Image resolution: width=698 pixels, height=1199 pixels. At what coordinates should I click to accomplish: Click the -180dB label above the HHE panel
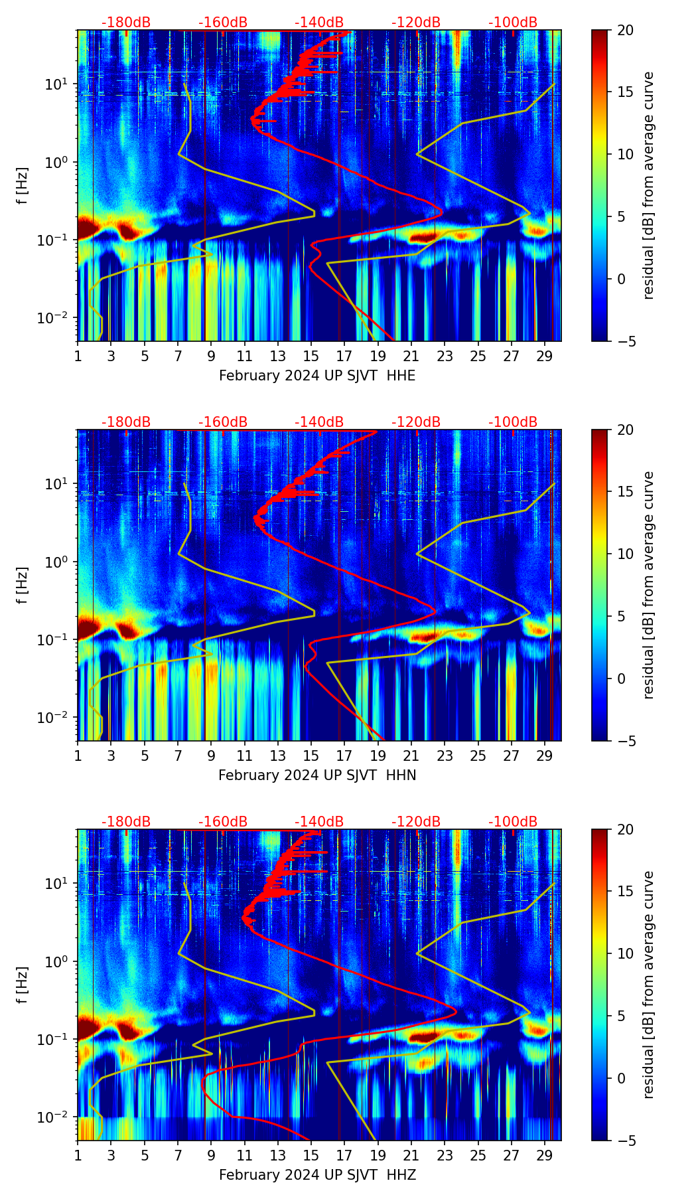(126, 23)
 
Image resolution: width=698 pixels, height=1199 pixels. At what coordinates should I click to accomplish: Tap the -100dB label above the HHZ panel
(513, 822)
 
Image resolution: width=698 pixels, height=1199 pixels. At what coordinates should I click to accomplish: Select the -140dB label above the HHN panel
(319, 422)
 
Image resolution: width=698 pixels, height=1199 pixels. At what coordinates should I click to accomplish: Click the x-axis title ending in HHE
(317, 376)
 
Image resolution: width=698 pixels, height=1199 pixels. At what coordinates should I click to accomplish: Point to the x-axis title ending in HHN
(317, 775)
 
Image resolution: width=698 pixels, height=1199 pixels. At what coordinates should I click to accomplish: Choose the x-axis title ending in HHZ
(317, 1175)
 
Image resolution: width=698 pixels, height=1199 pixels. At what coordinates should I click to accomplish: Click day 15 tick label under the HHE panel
(311, 356)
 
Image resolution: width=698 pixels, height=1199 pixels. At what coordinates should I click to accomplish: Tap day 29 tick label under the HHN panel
(545, 756)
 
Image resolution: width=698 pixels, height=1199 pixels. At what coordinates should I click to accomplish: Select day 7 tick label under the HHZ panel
(178, 1155)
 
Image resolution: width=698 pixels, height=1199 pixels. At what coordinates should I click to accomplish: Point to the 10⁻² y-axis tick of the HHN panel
(56, 718)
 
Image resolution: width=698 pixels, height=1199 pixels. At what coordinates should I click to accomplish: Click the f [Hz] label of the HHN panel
(23, 585)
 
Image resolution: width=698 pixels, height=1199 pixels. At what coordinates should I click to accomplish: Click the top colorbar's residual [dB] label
(648, 185)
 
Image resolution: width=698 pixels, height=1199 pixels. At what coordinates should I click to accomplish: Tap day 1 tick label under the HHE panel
(78, 356)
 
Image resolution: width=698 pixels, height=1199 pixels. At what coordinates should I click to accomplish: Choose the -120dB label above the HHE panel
(416, 23)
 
